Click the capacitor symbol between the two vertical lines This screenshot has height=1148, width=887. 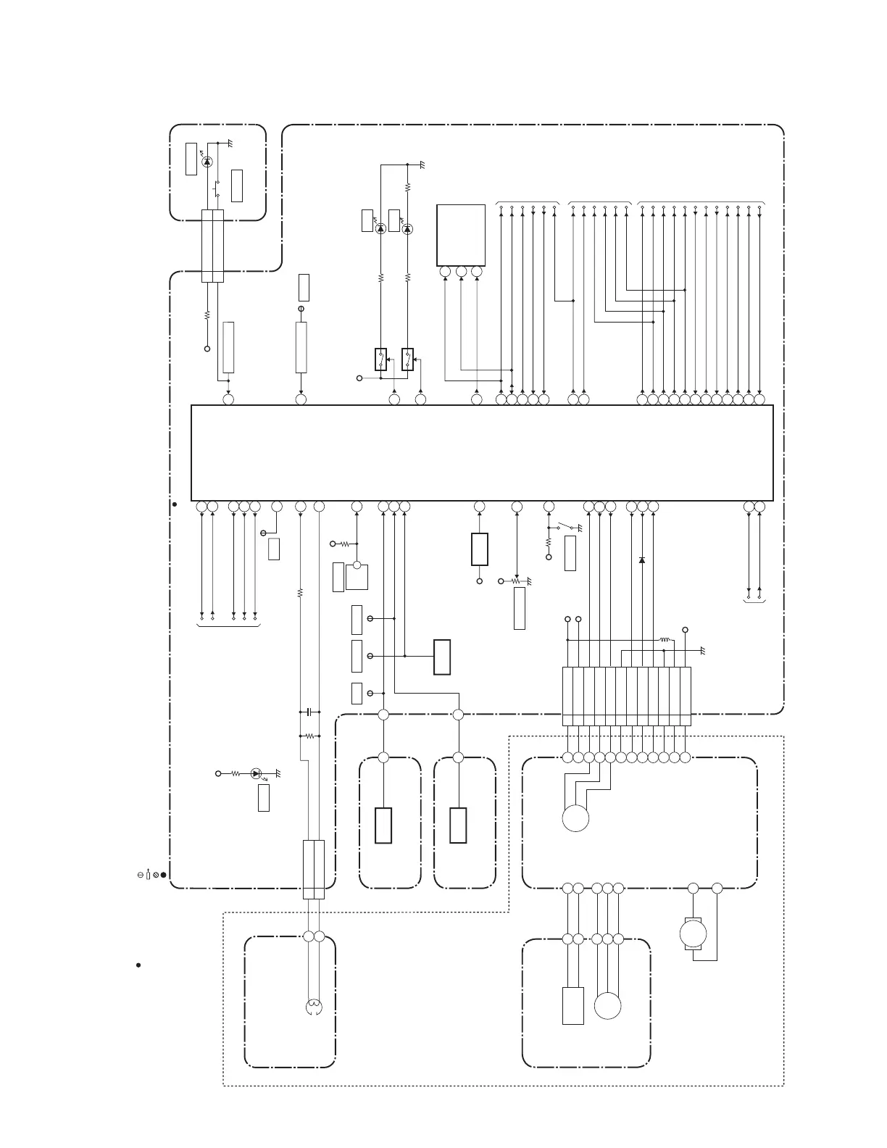point(310,712)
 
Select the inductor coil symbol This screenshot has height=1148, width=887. point(663,640)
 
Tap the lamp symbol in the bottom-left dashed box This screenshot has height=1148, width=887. point(313,1006)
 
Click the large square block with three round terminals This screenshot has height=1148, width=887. point(461,236)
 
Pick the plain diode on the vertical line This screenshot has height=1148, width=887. point(642,560)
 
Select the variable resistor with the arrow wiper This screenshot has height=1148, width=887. point(516,581)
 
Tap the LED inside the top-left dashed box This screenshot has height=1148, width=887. point(207,162)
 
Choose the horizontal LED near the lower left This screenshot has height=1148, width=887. point(255,773)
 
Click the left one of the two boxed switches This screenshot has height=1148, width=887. point(380,359)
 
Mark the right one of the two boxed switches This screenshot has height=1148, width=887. point(407,359)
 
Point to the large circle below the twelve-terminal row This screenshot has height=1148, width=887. point(575,818)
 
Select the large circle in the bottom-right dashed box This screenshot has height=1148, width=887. point(607,1006)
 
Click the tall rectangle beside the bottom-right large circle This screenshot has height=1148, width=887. point(573,1005)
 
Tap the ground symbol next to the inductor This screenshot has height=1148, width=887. point(701,649)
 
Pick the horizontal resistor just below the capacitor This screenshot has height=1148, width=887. point(310,736)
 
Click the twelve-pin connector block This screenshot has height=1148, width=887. point(627,696)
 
